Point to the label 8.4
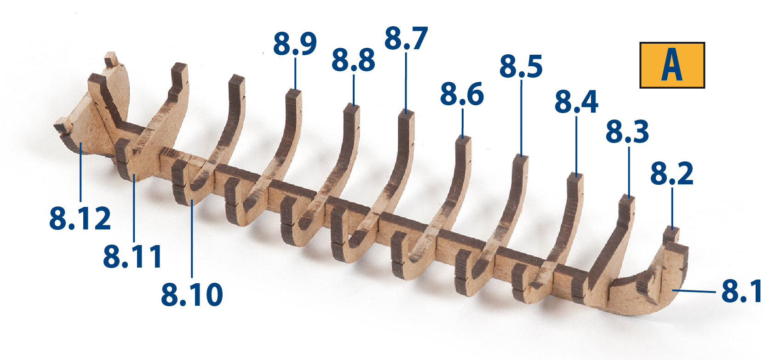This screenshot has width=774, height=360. pyautogui.click(x=576, y=102)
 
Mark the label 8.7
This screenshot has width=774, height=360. pyautogui.click(x=406, y=38)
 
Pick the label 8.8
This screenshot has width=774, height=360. pyautogui.click(x=353, y=60)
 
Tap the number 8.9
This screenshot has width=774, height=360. pyautogui.click(x=295, y=44)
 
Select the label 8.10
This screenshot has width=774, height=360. pyautogui.click(x=192, y=294)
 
